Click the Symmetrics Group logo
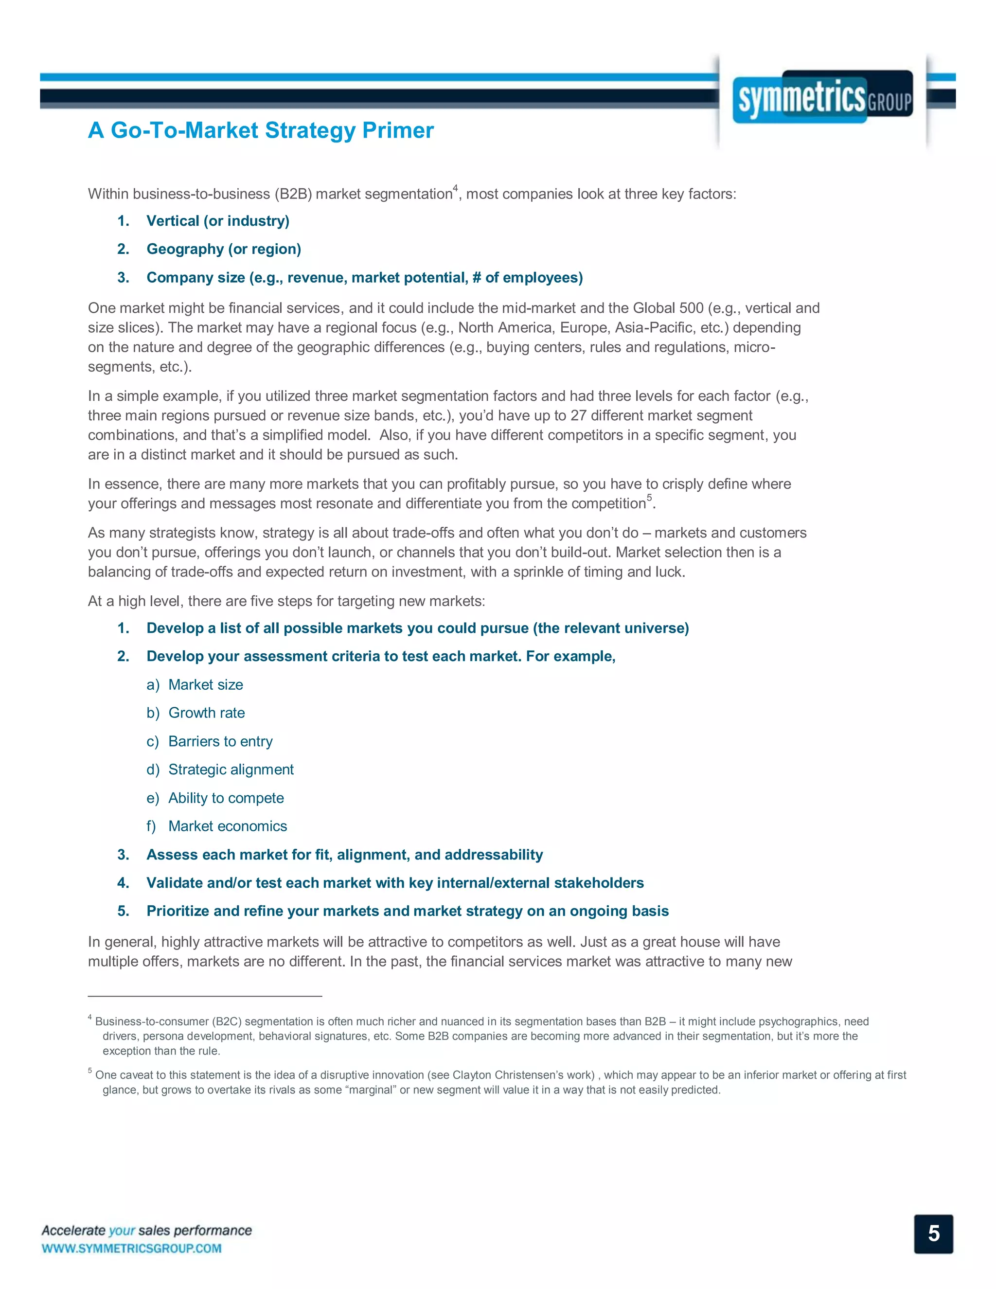pyautogui.click(x=822, y=97)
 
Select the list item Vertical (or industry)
pyautogui.click(x=218, y=221)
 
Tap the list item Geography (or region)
pyautogui.click(x=224, y=249)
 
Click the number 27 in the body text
pyautogui.click(x=578, y=415)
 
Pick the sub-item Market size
pyautogui.click(x=205, y=685)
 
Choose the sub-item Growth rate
pyautogui.click(x=207, y=713)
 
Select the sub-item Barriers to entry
pyautogui.click(x=220, y=741)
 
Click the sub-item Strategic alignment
pyautogui.click(x=231, y=770)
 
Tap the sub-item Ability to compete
pyautogui.click(x=226, y=798)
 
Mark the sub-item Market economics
pyautogui.click(x=228, y=826)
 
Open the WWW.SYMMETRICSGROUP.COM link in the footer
pyautogui.click(x=132, y=1248)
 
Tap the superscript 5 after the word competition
pyautogui.click(x=650, y=498)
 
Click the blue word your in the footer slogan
pyautogui.click(x=122, y=1231)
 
